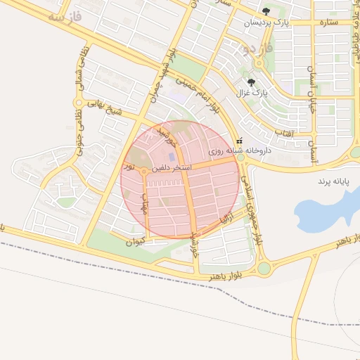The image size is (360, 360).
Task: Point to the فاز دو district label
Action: point(255,49)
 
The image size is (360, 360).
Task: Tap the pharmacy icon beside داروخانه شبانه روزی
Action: point(240,141)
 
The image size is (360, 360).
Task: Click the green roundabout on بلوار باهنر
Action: point(264,268)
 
